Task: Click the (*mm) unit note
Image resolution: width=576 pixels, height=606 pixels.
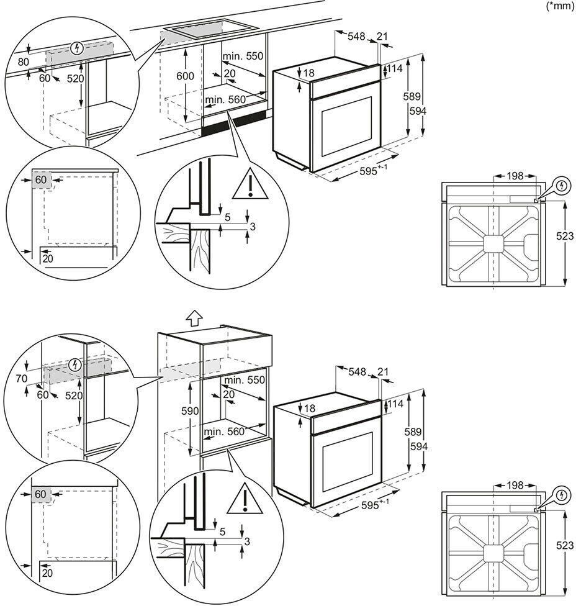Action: (560, 6)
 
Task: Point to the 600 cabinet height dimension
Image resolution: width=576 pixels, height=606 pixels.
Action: (186, 76)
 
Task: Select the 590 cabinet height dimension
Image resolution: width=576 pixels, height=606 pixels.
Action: (190, 411)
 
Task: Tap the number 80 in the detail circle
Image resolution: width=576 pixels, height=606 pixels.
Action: (24, 61)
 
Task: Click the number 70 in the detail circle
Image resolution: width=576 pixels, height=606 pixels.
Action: (22, 378)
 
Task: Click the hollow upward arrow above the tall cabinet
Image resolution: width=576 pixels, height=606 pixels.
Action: (194, 319)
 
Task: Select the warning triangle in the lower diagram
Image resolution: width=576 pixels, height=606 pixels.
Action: (245, 499)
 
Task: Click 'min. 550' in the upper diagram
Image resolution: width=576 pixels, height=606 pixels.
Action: (243, 56)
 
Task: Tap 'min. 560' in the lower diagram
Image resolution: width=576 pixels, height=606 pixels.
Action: (225, 432)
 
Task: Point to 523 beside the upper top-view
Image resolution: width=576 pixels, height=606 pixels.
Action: (565, 235)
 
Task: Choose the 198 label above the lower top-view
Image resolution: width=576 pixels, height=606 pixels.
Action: (515, 485)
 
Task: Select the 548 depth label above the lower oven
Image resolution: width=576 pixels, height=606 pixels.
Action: (357, 371)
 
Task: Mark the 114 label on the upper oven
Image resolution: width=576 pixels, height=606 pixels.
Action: (395, 68)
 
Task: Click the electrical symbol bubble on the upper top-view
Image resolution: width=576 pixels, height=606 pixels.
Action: (562, 186)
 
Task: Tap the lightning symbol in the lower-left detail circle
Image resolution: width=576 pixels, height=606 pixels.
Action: (75, 364)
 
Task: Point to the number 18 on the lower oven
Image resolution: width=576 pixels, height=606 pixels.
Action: (310, 408)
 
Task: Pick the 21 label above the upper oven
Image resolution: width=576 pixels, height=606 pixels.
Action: (382, 37)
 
